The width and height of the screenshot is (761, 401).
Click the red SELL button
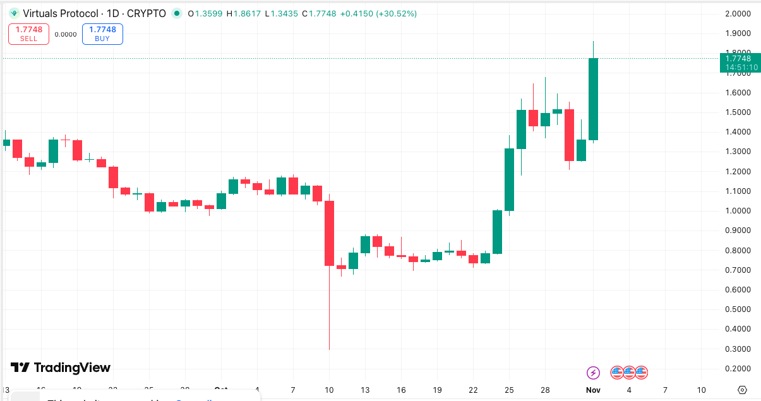(x=28, y=33)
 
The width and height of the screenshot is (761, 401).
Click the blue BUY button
(x=102, y=33)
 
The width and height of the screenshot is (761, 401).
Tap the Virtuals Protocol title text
(x=61, y=13)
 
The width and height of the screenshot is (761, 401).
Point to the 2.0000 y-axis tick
(x=738, y=14)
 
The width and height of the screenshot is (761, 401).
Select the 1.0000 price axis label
(x=738, y=211)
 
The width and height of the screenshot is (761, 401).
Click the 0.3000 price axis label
(x=738, y=349)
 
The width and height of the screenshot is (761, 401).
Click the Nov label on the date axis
(x=592, y=390)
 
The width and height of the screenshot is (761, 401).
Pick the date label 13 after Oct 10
(x=365, y=390)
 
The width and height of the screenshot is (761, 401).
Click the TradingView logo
(x=61, y=368)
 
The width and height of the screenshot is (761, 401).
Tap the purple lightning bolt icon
(x=593, y=373)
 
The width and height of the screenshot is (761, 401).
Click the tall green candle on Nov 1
(x=593, y=99)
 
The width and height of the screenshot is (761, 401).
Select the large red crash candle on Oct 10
(x=329, y=233)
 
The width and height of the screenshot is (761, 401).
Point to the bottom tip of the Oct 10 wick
(x=329, y=349)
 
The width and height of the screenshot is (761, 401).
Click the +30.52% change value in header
(x=396, y=13)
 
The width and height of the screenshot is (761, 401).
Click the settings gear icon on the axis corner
(x=742, y=390)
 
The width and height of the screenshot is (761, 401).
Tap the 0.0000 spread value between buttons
(x=66, y=35)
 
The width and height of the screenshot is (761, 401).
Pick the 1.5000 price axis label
(x=738, y=112)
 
